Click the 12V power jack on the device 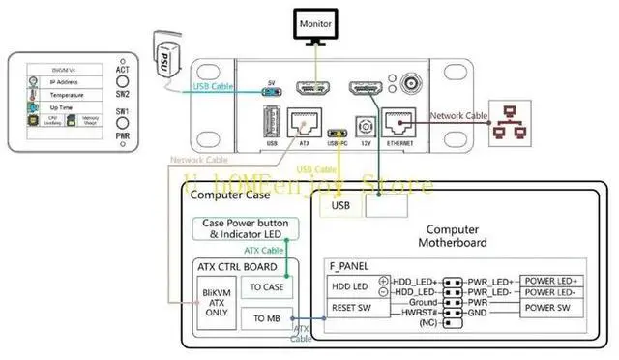coord(366,130)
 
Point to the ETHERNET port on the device coord(399,124)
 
